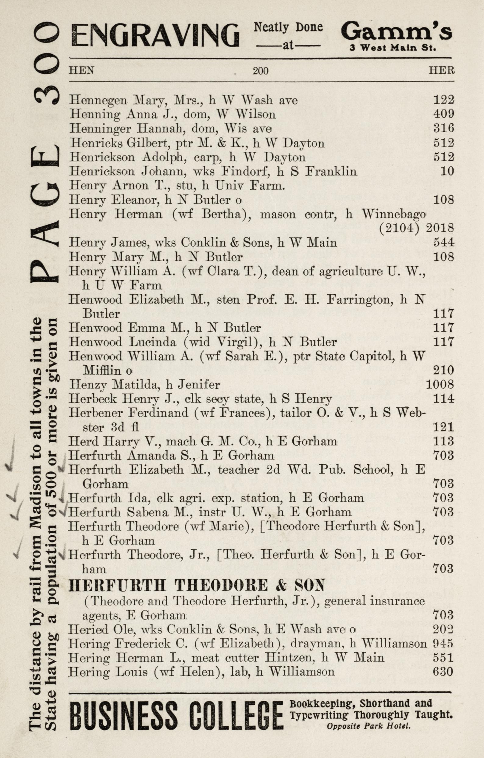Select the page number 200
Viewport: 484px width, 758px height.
(x=260, y=71)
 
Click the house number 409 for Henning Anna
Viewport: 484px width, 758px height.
(x=443, y=114)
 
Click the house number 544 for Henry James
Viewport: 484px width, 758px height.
(x=443, y=243)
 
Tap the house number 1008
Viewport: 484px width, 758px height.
(x=440, y=384)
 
